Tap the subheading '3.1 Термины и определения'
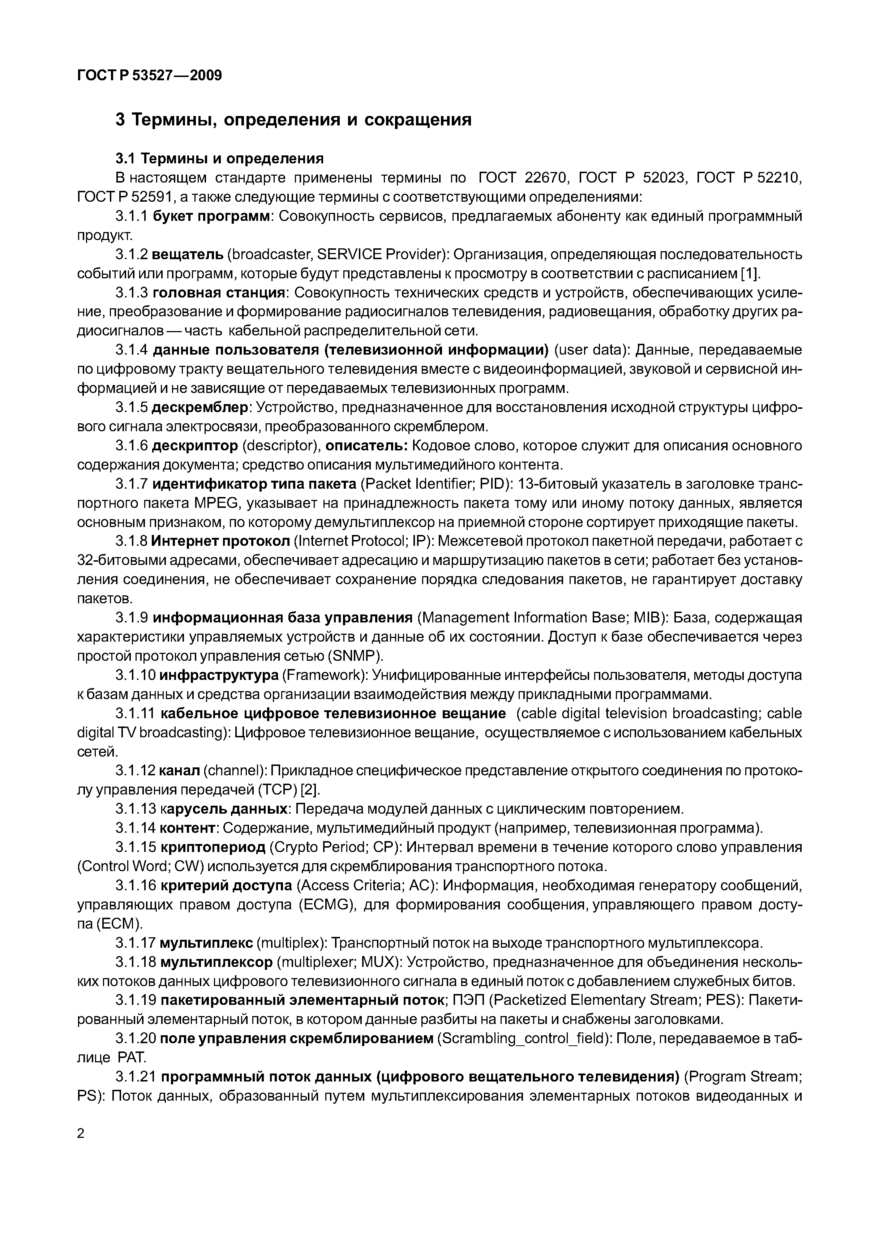click(219, 159)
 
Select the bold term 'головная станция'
click(218, 293)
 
